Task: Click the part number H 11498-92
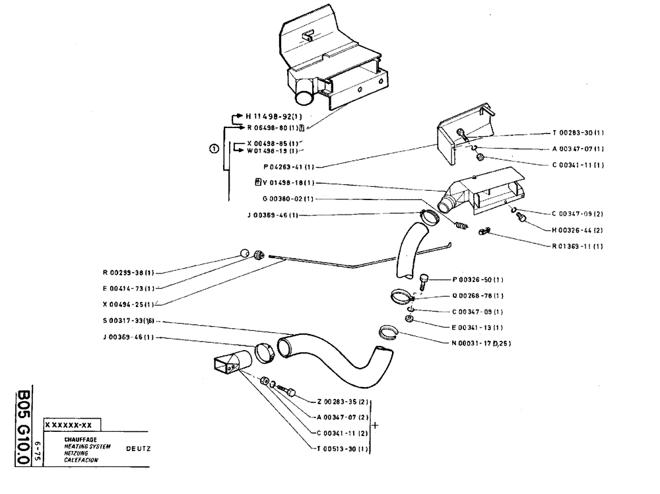(271, 117)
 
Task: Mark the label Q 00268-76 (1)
(478, 295)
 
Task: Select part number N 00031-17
(480, 343)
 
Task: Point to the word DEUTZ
(139, 448)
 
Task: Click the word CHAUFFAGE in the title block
(77, 439)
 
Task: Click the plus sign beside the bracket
(376, 425)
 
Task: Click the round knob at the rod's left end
(245, 253)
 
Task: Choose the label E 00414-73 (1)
(129, 288)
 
